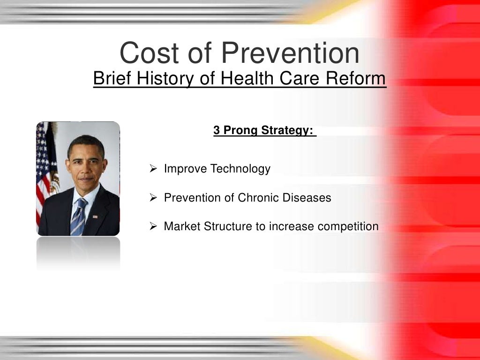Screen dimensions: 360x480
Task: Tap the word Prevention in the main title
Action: tap(291, 53)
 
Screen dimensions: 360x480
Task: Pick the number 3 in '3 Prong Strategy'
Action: tap(217, 130)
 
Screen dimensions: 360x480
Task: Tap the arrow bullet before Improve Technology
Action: tap(153, 169)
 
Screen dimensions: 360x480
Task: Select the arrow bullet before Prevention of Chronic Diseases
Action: tap(153, 198)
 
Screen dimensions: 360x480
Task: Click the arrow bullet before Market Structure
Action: tap(153, 227)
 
